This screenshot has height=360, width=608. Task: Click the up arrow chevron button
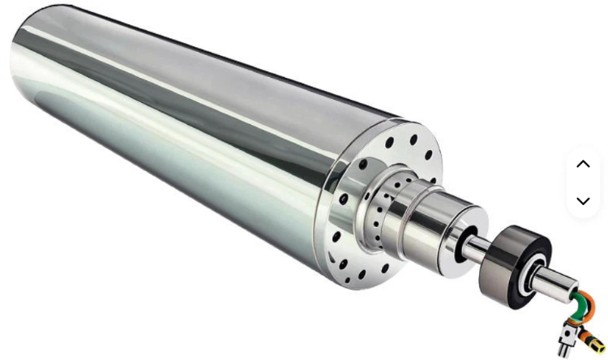click(x=583, y=164)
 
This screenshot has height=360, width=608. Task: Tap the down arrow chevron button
click(x=583, y=200)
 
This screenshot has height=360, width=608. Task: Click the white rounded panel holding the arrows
click(x=583, y=182)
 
